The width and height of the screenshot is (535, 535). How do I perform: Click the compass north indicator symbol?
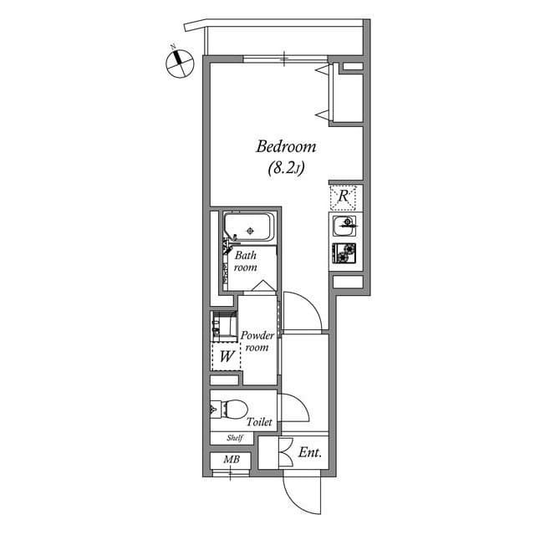(176, 61)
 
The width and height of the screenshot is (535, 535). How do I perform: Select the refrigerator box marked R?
(344, 197)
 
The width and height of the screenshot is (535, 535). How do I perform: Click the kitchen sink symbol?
(344, 226)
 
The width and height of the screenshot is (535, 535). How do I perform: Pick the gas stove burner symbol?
(344, 252)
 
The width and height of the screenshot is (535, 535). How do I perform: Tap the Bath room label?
(245, 262)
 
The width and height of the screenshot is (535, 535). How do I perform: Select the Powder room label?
(257, 341)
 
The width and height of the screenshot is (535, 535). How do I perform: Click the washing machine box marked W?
(226, 357)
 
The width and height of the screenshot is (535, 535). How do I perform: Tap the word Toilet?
(258, 423)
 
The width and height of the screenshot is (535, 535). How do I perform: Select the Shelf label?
(234, 438)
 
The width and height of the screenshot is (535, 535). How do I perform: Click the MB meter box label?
(231, 460)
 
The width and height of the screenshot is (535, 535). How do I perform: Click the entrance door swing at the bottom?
(301, 493)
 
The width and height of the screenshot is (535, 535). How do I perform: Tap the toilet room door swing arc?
(294, 410)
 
